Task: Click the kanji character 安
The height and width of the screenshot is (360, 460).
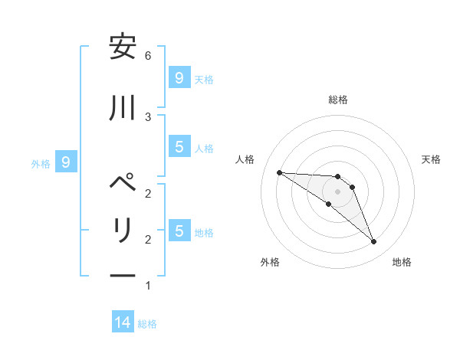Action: (123, 47)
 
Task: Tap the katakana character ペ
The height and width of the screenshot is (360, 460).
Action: (123, 185)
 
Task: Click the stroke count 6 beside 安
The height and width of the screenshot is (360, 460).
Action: (148, 55)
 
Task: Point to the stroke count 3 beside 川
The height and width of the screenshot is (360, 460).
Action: (148, 116)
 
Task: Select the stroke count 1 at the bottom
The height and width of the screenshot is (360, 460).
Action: (148, 286)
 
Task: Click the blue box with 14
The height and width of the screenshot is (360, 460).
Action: (123, 322)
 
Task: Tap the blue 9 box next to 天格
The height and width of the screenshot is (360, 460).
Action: (179, 77)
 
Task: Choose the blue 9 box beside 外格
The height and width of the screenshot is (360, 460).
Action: (66, 162)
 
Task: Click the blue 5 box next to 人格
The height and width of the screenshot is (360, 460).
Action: (179, 146)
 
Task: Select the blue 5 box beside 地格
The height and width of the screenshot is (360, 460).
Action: (179, 231)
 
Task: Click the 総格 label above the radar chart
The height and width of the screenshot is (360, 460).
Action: (338, 100)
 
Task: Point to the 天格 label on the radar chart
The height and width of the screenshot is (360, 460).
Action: (432, 159)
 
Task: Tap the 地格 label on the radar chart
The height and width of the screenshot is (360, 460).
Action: (402, 262)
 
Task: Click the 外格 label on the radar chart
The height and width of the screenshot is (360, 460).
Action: (270, 262)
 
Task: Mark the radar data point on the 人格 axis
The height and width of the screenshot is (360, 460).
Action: (279, 172)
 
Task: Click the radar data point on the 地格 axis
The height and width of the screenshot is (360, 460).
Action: (373, 242)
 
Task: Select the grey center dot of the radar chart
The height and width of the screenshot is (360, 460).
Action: (338, 191)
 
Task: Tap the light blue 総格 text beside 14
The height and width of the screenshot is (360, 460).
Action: (147, 324)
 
